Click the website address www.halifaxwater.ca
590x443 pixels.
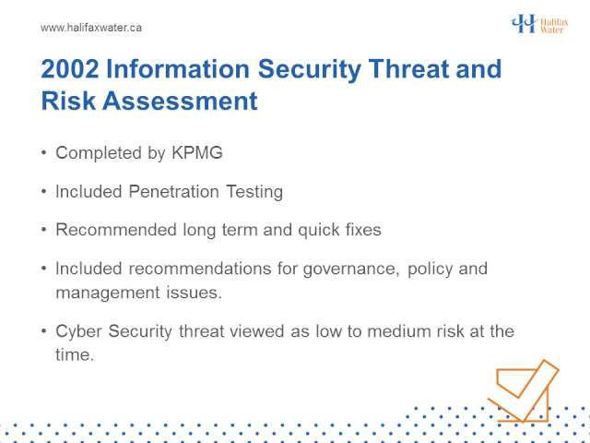pos(91,28)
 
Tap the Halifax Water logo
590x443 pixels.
pos(539,24)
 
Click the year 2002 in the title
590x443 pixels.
pos(70,69)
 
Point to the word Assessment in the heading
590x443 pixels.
pos(181,101)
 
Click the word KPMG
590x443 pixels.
pos(197,152)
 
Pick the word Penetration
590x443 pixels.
pos(174,191)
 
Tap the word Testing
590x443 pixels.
pos(254,192)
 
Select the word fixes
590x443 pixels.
pos(363,230)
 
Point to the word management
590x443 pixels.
pos(108,293)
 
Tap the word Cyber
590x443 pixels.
pos(78,332)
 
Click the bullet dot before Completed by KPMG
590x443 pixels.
pos(44,153)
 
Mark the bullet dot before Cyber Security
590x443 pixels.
pos(44,331)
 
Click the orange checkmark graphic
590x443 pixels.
pos(523,391)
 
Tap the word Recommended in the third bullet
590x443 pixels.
pos(116,230)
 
